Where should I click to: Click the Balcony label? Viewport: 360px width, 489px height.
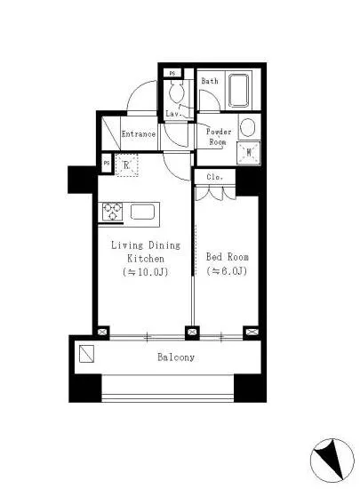(x=176, y=357)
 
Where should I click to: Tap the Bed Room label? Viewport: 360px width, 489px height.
(x=228, y=257)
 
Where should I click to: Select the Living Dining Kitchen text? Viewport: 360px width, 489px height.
(x=146, y=252)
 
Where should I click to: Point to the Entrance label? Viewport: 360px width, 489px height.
(x=139, y=134)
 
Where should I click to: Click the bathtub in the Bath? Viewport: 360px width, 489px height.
(x=239, y=91)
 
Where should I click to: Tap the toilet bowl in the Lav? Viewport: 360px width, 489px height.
(x=177, y=91)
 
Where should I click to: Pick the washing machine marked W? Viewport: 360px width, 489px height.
(x=249, y=153)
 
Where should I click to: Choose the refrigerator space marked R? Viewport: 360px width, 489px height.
(x=126, y=165)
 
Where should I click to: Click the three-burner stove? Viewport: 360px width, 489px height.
(x=112, y=212)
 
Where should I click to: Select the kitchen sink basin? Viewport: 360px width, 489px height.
(x=142, y=212)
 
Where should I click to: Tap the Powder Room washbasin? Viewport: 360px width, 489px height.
(x=248, y=127)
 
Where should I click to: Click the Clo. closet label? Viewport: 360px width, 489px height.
(x=215, y=177)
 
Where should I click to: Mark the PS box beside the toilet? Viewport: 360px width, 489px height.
(x=172, y=73)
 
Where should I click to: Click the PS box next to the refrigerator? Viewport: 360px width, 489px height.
(x=107, y=163)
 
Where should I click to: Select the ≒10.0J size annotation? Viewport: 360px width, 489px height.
(x=146, y=272)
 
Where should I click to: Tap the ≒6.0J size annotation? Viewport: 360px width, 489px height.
(x=227, y=271)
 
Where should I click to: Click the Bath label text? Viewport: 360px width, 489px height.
(x=210, y=81)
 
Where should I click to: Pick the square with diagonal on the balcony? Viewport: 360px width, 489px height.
(x=86, y=354)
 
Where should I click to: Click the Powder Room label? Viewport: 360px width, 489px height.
(x=219, y=137)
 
